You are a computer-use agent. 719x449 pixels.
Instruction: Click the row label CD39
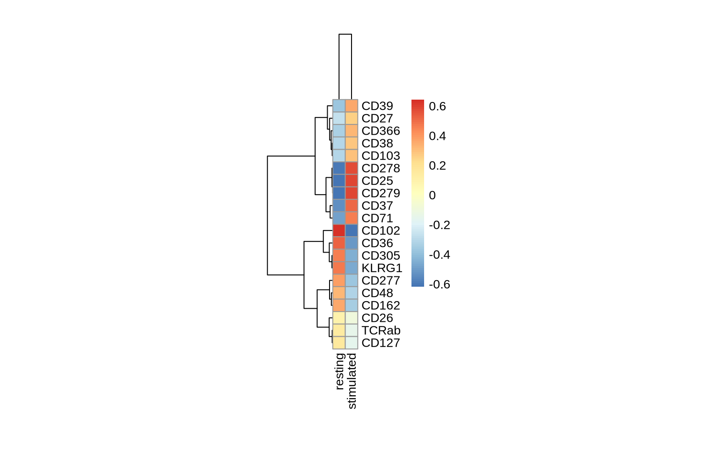coord(377,106)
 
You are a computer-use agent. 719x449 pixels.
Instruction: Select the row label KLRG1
coord(382,268)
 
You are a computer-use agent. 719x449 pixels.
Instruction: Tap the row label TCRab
coord(381,330)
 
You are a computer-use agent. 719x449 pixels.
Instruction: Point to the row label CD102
coord(381,231)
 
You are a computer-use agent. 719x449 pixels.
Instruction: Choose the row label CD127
coord(381,343)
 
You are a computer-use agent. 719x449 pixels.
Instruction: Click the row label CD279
coord(381,193)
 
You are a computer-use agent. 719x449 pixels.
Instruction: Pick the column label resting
coord(340,371)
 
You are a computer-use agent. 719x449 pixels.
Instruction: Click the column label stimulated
coord(352,381)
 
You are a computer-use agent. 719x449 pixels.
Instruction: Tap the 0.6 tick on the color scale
coord(437,107)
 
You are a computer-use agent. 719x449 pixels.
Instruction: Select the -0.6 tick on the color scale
coord(439,284)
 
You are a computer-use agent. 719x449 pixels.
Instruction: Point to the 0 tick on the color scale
coord(432,196)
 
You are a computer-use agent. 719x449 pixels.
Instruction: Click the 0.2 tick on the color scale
coord(437,166)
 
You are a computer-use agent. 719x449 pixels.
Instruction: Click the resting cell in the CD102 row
coord(339,231)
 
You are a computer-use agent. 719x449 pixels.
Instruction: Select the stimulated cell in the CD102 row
coord(352,231)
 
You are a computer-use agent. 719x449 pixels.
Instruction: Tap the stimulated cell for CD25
coord(352,181)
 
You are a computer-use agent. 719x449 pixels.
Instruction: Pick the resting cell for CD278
coord(339,168)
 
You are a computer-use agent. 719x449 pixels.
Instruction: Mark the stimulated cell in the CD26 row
coord(352,318)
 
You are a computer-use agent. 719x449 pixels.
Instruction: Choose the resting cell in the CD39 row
coord(339,106)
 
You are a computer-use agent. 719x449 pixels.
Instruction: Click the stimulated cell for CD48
coord(352,293)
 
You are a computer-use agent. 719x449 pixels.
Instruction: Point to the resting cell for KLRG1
coord(339,268)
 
